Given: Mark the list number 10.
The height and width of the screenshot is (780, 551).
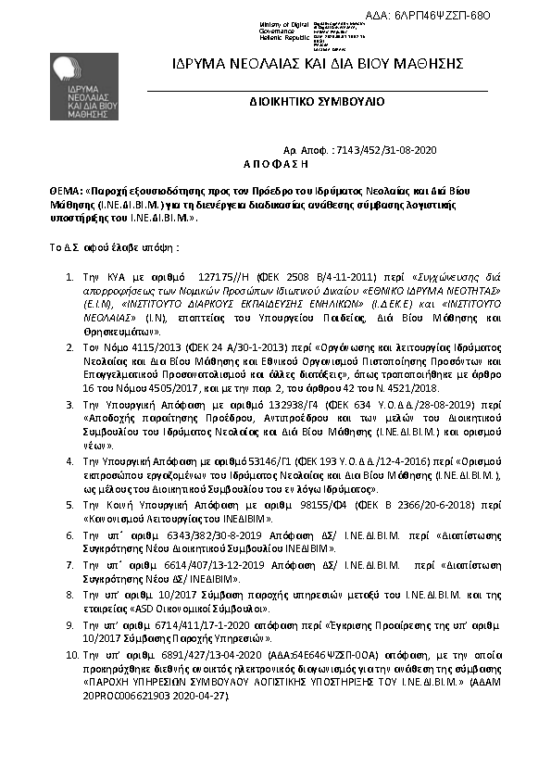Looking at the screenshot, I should pyautogui.click(x=70, y=653).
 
